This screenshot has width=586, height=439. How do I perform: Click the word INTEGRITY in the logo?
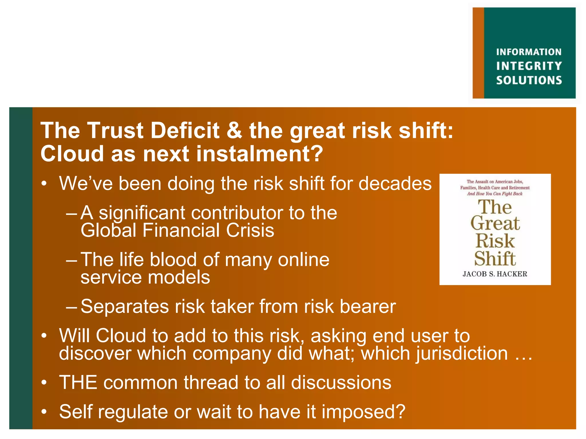pos(529,66)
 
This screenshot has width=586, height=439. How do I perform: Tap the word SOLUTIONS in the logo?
pos(529,80)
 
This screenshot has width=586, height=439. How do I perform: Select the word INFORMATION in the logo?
pos(529,52)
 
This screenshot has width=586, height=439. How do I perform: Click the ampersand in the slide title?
pos(234,131)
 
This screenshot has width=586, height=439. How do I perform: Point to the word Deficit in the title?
pos(185,131)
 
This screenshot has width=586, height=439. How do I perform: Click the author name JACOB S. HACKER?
pos(495,274)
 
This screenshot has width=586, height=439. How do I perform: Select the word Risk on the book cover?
pos(495,241)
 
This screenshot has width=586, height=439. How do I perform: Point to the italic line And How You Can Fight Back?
pos(495,194)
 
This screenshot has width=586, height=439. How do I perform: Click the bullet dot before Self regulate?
pos(43,412)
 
